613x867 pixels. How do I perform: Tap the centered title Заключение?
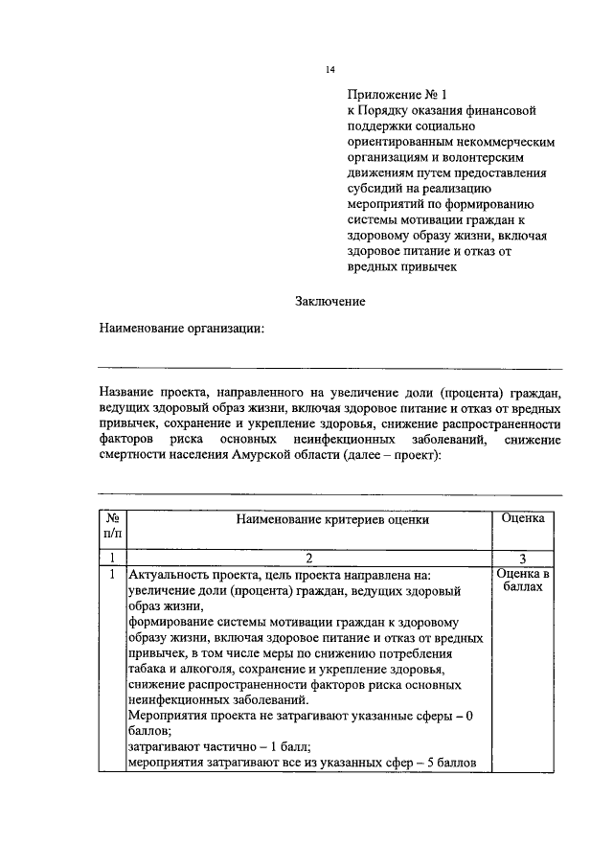click(330, 301)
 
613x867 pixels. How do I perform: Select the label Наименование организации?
click(182, 329)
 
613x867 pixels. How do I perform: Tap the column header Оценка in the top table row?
click(523, 517)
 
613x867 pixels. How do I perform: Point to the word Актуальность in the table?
click(169, 575)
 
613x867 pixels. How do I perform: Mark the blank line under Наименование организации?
click(330, 367)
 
